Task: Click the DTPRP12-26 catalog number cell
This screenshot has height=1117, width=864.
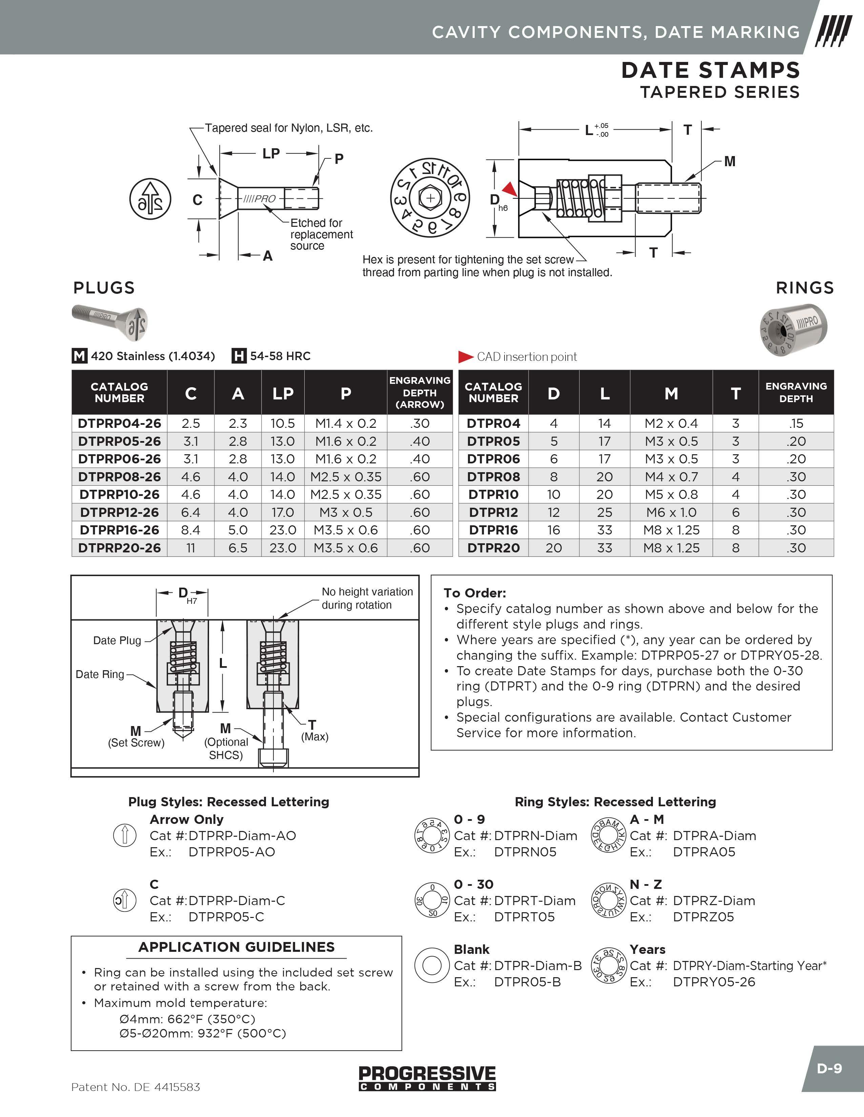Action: pos(119,512)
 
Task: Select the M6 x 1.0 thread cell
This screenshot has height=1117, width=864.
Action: pos(671,512)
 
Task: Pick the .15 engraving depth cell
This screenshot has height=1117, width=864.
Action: pos(796,423)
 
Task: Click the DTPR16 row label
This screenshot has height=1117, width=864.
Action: pos(493,530)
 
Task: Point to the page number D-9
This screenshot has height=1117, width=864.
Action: pos(829,1068)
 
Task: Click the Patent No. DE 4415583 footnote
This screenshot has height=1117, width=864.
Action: pos(136,1087)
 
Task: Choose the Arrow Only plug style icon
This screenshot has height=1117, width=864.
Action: pos(124,836)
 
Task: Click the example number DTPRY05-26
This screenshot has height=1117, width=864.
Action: pos(714,982)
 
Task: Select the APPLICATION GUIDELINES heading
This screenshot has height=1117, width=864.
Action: pos(236,947)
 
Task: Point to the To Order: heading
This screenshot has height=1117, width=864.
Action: pos(474,593)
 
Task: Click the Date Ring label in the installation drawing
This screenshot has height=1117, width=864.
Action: pos(100,674)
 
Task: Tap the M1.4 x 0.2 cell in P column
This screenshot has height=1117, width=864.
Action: pos(346,423)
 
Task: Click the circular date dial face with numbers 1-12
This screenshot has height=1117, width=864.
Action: pos(430,198)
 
